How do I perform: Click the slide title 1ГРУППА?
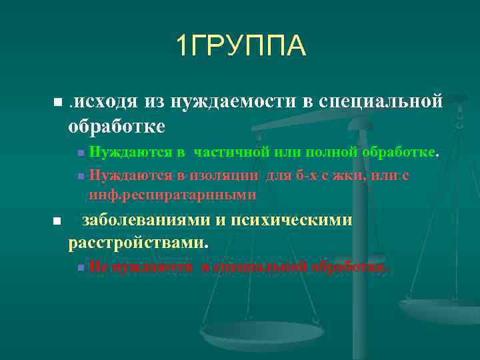click(x=241, y=46)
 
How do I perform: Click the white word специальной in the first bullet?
click(x=381, y=101)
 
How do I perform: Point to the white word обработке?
click(x=117, y=125)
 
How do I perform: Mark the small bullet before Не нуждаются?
click(x=80, y=267)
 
